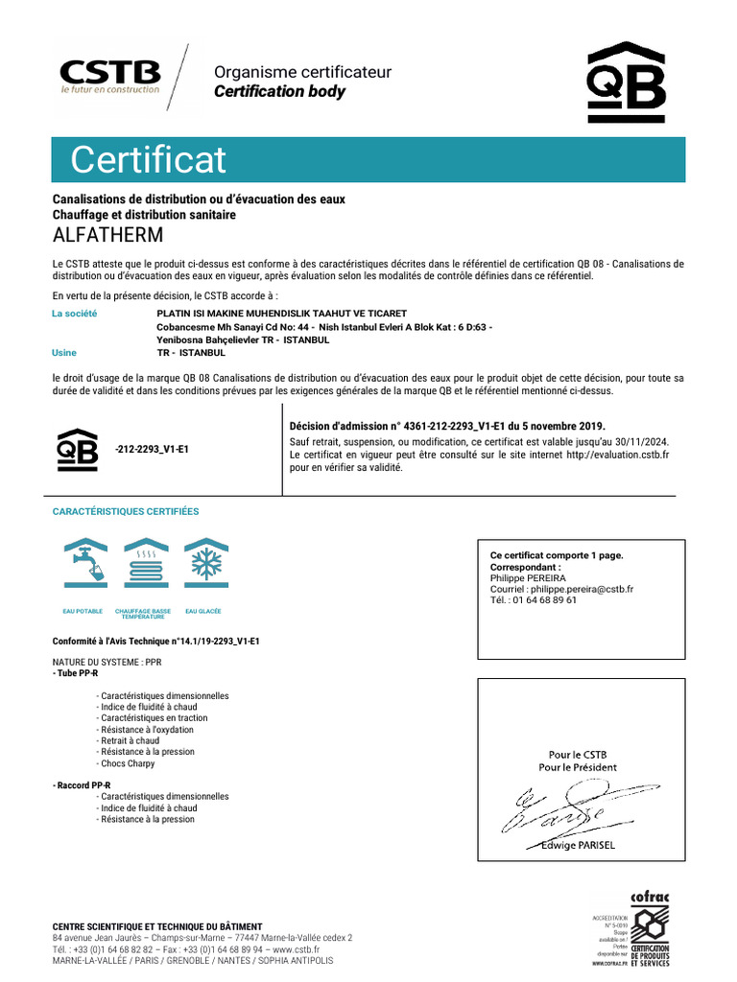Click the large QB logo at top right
(x=626, y=83)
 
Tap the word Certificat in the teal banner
(x=148, y=159)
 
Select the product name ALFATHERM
(x=107, y=235)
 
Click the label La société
(x=74, y=314)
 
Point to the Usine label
(x=63, y=353)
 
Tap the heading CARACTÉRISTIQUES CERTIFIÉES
(x=125, y=512)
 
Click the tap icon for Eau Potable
(x=83, y=567)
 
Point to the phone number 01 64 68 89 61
(x=543, y=600)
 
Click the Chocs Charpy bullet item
(x=128, y=764)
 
